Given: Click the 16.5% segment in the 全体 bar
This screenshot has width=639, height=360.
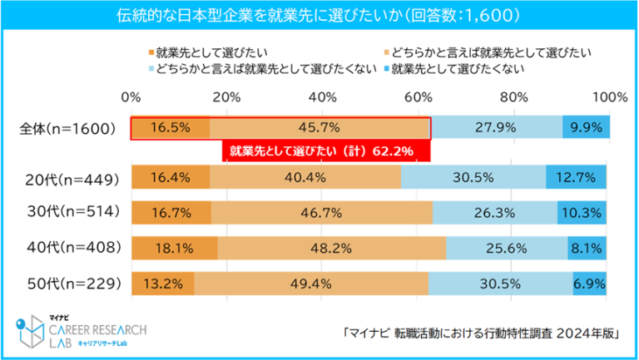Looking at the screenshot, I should (x=170, y=128).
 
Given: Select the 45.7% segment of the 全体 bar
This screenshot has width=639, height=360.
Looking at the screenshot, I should (x=319, y=128).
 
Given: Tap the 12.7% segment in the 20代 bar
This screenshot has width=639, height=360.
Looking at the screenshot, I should (x=576, y=178).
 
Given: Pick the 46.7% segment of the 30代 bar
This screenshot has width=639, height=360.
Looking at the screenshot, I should (x=321, y=212).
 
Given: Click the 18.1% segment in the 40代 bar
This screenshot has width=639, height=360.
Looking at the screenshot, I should (x=174, y=247).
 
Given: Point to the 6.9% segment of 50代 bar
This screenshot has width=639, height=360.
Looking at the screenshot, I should (x=590, y=283).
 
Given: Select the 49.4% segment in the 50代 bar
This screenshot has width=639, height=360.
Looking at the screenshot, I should (x=311, y=283).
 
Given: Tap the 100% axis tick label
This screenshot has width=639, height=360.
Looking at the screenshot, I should (x=609, y=97).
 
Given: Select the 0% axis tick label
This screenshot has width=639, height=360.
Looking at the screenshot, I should (x=131, y=97).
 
